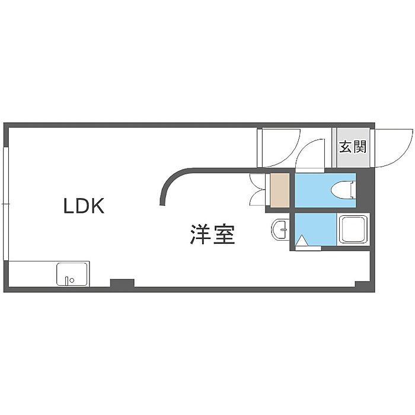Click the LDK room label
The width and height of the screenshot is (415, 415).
point(84,206)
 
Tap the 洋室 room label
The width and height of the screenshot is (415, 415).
point(212,234)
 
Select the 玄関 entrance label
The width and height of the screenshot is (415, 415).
point(353,146)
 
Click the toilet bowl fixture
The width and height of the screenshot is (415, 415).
point(343,190)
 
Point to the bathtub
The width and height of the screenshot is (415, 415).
point(354,229)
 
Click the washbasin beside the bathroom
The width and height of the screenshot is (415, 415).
point(279,229)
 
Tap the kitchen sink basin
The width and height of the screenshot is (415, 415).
point(72,274)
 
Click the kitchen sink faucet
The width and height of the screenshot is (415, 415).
point(66,280)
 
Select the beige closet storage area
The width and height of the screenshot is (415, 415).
point(279,190)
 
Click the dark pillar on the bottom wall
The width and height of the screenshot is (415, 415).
point(122,283)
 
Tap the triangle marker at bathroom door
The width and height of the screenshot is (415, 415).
point(302,241)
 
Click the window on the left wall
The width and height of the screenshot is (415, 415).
point(6,203)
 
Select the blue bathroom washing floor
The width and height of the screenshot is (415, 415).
point(315,229)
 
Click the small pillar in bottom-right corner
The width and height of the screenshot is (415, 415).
point(362,284)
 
